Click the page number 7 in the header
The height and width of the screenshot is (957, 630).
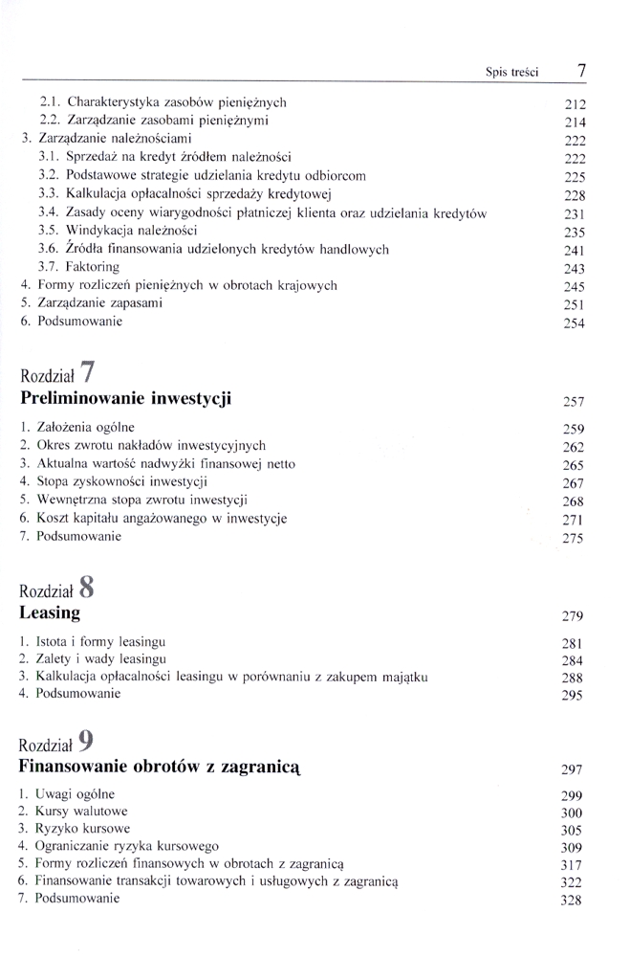click(582, 70)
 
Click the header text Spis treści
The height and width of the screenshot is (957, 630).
click(512, 72)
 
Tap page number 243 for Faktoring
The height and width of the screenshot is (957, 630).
click(574, 269)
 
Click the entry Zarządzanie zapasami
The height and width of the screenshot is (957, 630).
click(92, 303)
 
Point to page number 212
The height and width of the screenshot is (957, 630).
click(575, 104)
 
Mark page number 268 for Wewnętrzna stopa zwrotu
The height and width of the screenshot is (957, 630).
click(574, 501)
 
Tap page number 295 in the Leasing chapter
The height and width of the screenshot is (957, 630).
click(574, 696)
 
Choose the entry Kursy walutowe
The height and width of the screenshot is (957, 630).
click(76, 811)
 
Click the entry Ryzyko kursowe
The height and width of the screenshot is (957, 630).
click(76, 828)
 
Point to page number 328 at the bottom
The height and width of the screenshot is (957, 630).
click(574, 901)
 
